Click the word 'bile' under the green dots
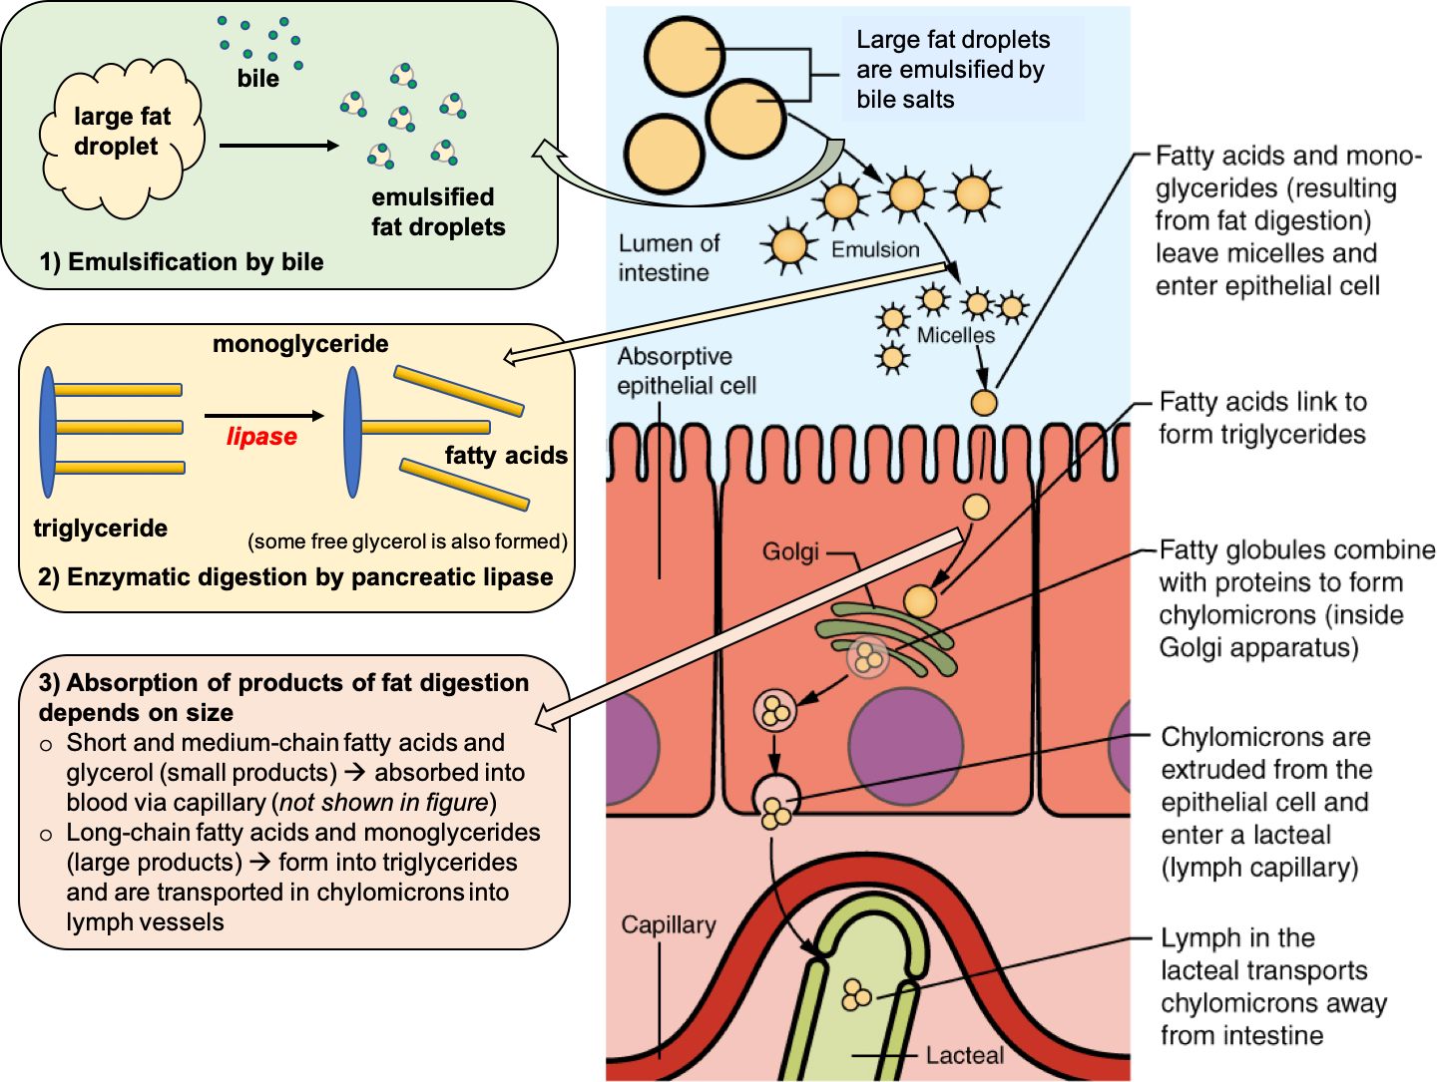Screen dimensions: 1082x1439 coord(257,79)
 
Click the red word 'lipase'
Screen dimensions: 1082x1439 coord(261,437)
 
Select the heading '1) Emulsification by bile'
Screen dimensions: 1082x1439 coord(182,262)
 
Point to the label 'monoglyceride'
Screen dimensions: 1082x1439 coord(300,344)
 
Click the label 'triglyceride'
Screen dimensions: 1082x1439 coord(100,529)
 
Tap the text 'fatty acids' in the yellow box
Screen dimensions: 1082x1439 coord(506,456)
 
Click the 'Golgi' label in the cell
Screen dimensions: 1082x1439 coord(790,551)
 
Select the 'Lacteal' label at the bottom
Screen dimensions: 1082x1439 coord(964,1055)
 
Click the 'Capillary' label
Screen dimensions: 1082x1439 coord(668,924)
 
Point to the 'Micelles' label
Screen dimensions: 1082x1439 coord(955,335)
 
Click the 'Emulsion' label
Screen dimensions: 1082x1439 coord(875,249)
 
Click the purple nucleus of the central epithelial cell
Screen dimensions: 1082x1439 coord(905,746)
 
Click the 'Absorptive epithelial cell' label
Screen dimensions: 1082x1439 coord(686,371)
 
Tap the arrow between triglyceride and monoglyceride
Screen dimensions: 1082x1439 coord(264,416)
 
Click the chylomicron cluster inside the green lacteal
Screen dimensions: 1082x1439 coord(856,994)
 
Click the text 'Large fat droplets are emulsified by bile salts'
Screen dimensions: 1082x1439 coord(953,70)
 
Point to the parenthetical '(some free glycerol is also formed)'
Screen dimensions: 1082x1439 coord(407,541)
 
